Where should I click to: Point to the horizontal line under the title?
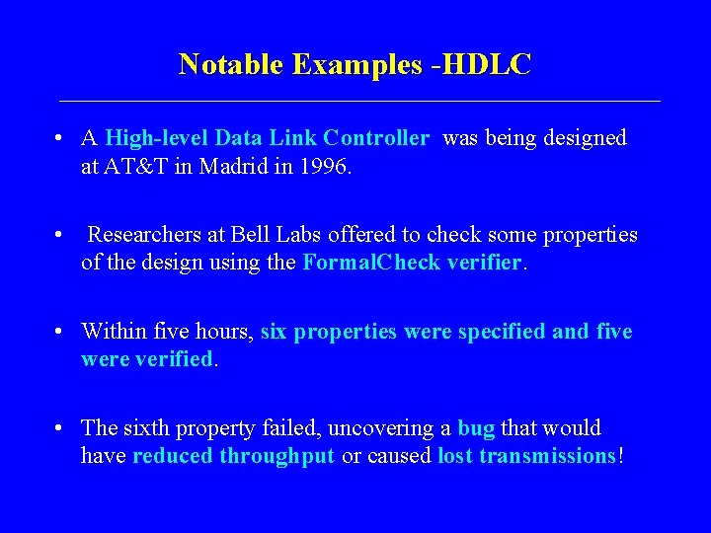click(x=359, y=101)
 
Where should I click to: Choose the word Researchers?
click(x=143, y=235)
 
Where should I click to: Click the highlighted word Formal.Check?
click(x=359, y=264)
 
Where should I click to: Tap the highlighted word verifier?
click(x=480, y=264)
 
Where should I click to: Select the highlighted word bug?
click(x=476, y=428)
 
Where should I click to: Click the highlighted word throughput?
click(x=277, y=456)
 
